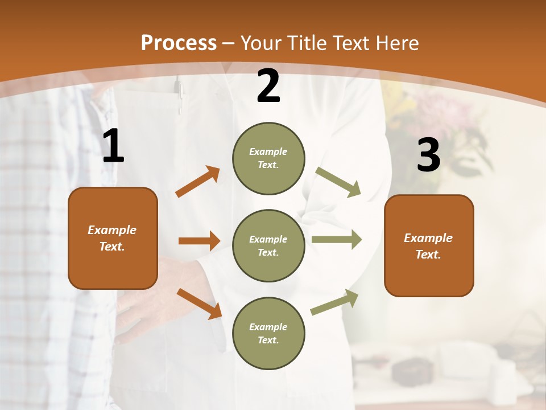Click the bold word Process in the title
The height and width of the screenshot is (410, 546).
pyautogui.click(x=179, y=43)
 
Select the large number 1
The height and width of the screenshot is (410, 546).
pyautogui.click(x=113, y=147)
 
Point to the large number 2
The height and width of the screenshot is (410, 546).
pyautogui.click(x=268, y=87)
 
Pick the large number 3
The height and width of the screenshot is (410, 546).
pyautogui.click(x=428, y=155)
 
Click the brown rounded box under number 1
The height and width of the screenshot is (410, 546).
pyautogui.click(x=113, y=238)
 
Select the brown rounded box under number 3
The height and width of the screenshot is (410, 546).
pyautogui.click(x=429, y=245)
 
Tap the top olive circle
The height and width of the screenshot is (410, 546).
pyautogui.click(x=268, y=158)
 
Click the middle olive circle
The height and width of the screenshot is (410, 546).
pyautogui.click(x=268, y=245)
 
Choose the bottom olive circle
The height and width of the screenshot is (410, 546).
pyautogui.click(x=268, y=333)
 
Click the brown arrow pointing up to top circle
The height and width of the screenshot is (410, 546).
pyautogui.click(x=197, y=182)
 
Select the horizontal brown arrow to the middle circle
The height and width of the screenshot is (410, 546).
pyautogui.click(x=199, y=241)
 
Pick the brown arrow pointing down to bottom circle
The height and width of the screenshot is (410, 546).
pyautogui.click(x=199, y=303)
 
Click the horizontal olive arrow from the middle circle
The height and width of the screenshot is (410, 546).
pyautogui.click(x=336, y=239)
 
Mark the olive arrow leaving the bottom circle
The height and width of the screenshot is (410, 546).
pyautogui.click(x=335, y=302)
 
